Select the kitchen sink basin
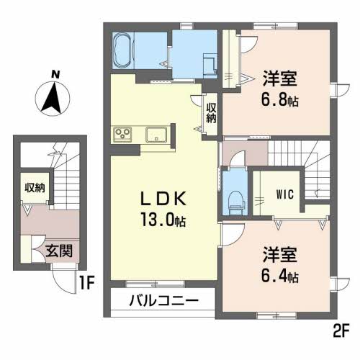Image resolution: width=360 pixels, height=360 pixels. tap(156, 134)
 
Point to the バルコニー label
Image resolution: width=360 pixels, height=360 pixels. tap(163, 300)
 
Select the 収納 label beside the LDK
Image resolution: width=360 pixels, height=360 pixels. tap(211, 113)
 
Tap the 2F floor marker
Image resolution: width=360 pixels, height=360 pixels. tap(340, 333)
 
